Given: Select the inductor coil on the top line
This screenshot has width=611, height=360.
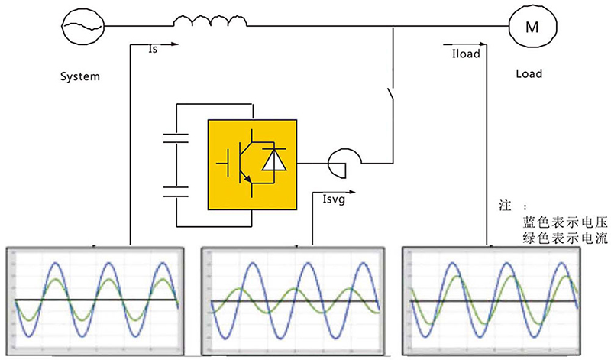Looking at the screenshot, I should (209, 24).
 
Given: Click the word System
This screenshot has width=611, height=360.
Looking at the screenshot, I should (80, 77).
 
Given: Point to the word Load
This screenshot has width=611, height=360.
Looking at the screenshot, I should (529, 74).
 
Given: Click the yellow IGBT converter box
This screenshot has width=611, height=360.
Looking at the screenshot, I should (252, 163).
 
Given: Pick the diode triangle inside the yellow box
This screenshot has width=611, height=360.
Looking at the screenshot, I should (273, 162).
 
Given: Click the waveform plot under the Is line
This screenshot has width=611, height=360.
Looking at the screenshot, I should (95, 300).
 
